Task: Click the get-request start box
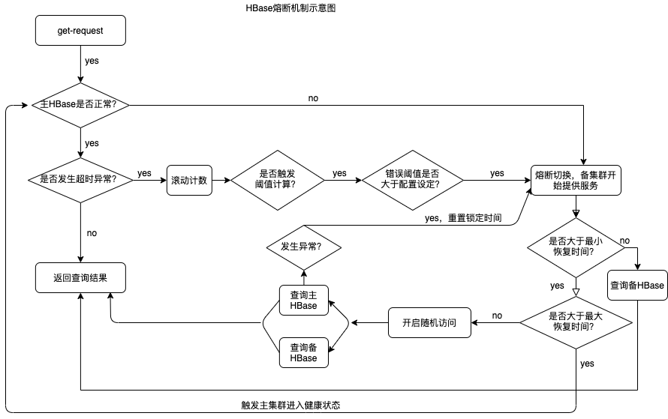click(80, 31)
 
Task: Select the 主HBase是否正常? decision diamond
click(80, 105)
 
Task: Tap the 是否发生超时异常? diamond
click(80, 180)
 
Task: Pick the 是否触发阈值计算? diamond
click(277, 180)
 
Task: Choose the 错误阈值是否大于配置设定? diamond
click(412, 180)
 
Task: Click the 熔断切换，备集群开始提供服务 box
click(576, 180)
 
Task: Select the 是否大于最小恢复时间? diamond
click(576, 247)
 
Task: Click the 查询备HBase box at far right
click(636, 286)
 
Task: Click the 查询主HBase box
click(303, 300)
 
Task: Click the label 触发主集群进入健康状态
click(290, 405)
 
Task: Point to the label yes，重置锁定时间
click(462, 219)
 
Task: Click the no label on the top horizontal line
click(312, 98)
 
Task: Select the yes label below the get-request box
click(92, 61)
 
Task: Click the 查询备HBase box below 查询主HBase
click(303, 352)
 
